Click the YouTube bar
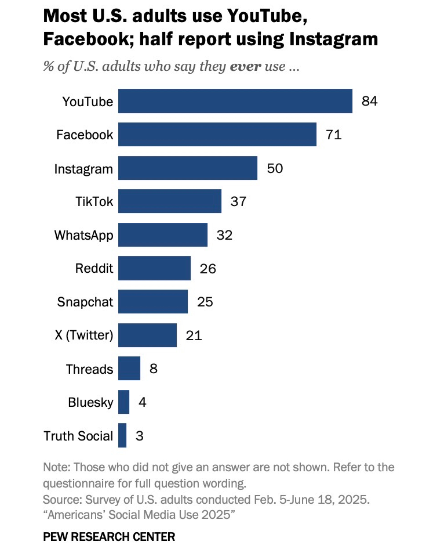(235, 101)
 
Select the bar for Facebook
(217, 135)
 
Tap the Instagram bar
(188, 168)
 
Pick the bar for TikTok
(170, 201)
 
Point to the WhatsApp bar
(163, 235)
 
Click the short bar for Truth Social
(122, 435)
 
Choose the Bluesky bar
(123, 402)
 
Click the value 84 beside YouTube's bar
(369, 101)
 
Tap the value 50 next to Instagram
(275, 168)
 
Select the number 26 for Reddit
(207, 269)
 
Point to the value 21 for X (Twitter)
(194, 335)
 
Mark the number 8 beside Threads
(154, 369)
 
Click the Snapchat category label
(85, 302)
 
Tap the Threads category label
(89, 369)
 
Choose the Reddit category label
(94, 269)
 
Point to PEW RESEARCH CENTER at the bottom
(109, 537)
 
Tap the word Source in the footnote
(61, 499)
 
